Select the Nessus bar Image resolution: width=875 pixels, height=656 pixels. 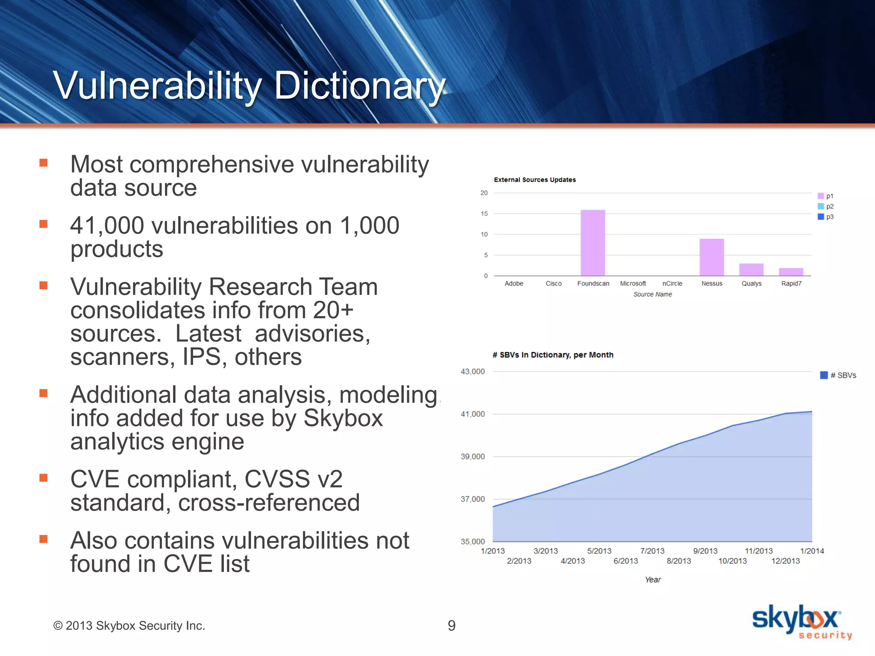[711, 257]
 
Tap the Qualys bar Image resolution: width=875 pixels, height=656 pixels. [751, 269]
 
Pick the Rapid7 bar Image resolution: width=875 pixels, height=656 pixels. [791, 272]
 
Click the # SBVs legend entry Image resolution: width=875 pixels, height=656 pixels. [838, 375]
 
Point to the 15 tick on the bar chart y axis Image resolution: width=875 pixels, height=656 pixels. [484, 214]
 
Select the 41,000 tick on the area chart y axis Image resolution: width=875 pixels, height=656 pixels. [473, 414]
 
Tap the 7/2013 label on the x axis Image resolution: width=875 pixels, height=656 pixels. [652, 551]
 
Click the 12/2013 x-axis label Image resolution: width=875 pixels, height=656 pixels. [785, 561]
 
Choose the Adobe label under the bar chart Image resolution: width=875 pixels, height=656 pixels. [514, 284]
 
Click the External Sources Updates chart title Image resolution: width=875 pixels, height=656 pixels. [534, 180]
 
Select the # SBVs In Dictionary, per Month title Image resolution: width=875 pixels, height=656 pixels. [553, 355]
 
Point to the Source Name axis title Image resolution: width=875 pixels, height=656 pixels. [652, 294]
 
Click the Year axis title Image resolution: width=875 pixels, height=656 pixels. [653, 580]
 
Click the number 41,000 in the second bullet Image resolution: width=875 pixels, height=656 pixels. [107, 225]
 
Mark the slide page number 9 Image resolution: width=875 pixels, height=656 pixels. [452, 626]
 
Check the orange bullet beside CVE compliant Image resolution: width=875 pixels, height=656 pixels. [43, 478]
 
